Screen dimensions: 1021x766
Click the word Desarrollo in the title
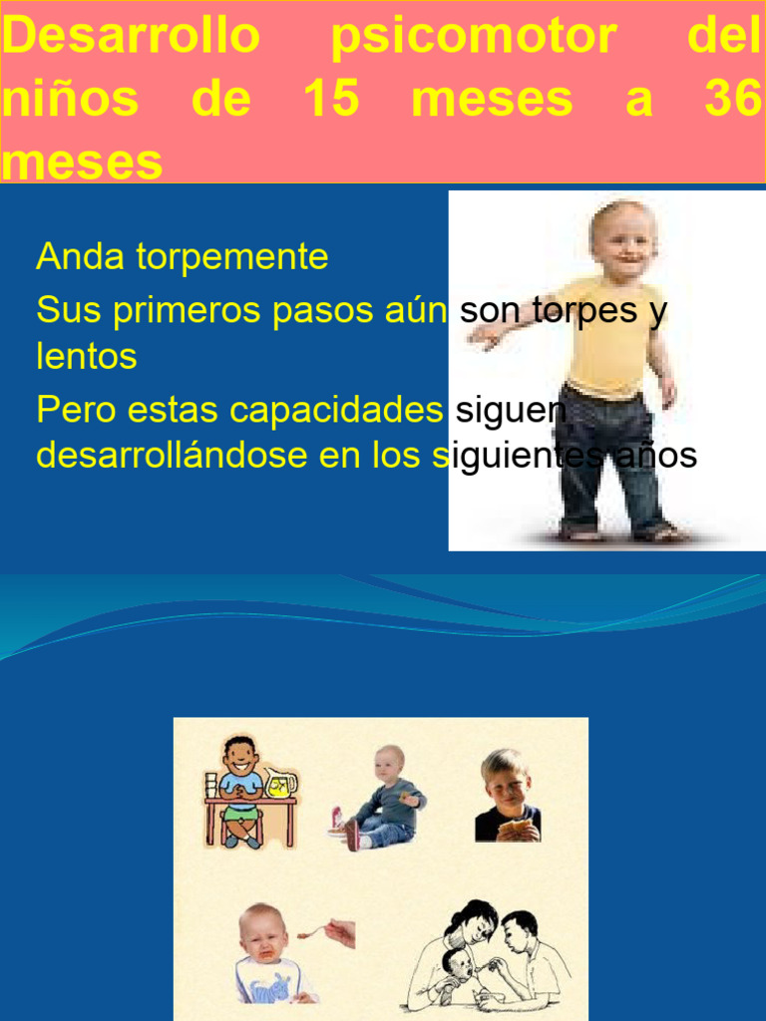coord(130,38)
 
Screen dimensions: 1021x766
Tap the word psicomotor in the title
coord(473,38)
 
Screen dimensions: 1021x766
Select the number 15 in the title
coord(330,101)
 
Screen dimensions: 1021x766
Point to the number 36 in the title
coord(732,101)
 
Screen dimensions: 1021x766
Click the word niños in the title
coord(70,101)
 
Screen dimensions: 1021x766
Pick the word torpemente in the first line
coord(232,257)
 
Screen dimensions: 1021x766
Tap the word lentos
coord(87,357)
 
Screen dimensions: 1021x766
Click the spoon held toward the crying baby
coord(315,933)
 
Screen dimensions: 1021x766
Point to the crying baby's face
coord(262,935)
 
